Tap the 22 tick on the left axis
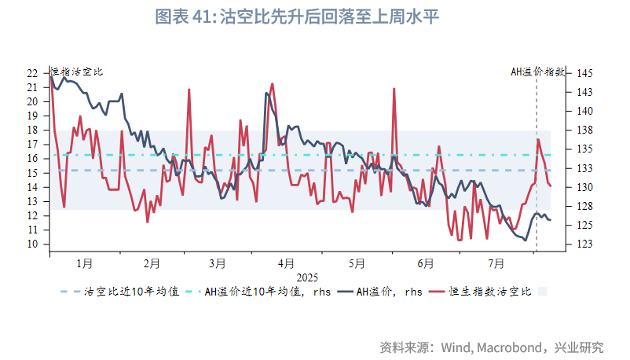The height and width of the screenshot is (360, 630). click(32, 73)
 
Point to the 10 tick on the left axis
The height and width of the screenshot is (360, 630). click(32, 244)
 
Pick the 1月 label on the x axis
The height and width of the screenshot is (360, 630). click(84, 263)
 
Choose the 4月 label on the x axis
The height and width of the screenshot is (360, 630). click(287, 263)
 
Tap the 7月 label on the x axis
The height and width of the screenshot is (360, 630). click(496, 263)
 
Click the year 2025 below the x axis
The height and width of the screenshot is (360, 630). click(307, 277)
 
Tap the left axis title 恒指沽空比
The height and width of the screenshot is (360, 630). click(76, 72)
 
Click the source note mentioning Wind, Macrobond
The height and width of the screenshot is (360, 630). click(492, 347)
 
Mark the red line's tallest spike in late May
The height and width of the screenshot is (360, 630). click(394, 89)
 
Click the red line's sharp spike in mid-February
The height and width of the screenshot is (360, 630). click(189, 90)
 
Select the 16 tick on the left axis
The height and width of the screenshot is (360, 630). click(32, 158)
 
